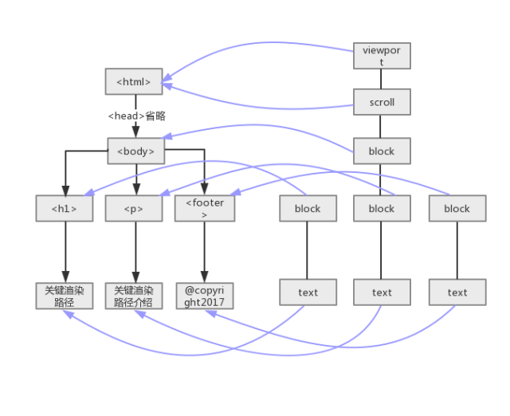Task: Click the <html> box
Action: pos(134,81)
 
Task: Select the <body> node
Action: pos(136,151)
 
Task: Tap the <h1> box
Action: pos(65,209)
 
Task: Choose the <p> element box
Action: pos(134,209)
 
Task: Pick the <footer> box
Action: pos(205,209)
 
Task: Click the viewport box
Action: pos(382,56)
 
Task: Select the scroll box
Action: pos(382,102)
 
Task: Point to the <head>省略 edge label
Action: pos(136,116)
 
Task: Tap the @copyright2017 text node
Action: pos(205,296)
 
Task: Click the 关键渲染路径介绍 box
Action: pos(134,296)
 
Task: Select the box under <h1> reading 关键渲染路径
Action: pos(65,296)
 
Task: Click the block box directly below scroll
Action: pos(382,151)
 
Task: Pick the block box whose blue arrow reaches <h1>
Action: pos(308,209)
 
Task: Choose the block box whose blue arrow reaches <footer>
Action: pos(457,209)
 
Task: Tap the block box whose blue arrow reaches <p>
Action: pos(382,209)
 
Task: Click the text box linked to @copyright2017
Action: pos(457,292)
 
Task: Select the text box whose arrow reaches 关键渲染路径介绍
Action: pos(382,292)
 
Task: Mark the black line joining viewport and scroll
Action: pos(381,79)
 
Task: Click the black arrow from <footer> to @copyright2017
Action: pos(204,252)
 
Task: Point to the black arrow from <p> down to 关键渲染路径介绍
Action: pos(135,252)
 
